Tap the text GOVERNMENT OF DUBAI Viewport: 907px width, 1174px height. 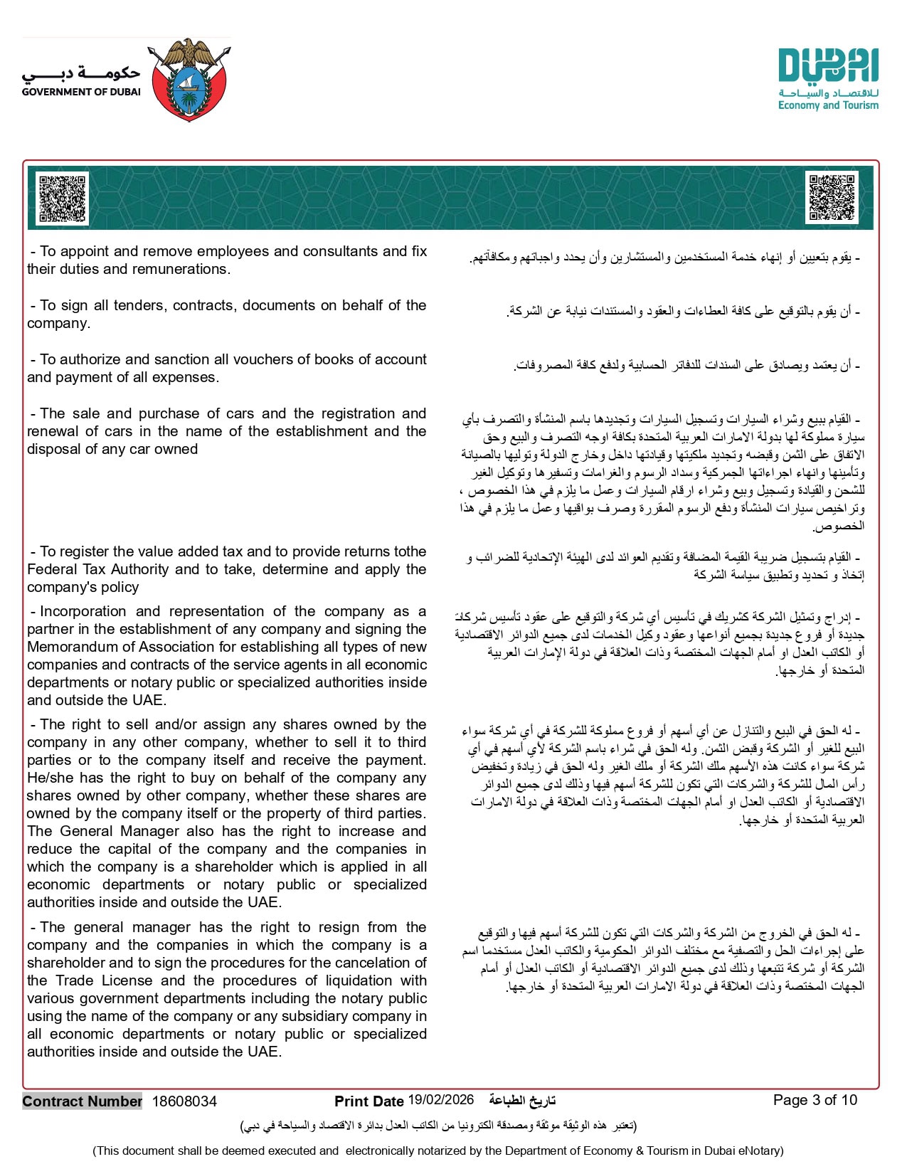pyautogui.click(x=81, y=92)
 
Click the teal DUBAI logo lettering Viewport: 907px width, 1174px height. pyautogui.click(x=828, y=66)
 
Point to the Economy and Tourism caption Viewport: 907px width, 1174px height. pyautogui.click(x=828, y=105)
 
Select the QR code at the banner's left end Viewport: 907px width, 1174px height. pyautogui.click(x=62, y=199)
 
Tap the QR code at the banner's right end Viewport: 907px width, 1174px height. pyautogui.click(x=832, y=197)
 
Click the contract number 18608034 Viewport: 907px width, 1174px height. pyautogui.click(x=184, y=1101)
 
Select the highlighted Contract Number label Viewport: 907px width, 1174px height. pyautogui.click(x=83, y=1101)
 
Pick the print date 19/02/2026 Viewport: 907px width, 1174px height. pyautogui.click(x=440, y=1100)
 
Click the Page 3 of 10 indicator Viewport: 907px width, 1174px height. pyautogui.click(x=815, y=1100)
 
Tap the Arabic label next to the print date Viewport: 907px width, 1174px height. pyautogui.click(x=521, y=1101)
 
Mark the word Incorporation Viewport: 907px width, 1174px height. pyautogui.click(x=83, y=611)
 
